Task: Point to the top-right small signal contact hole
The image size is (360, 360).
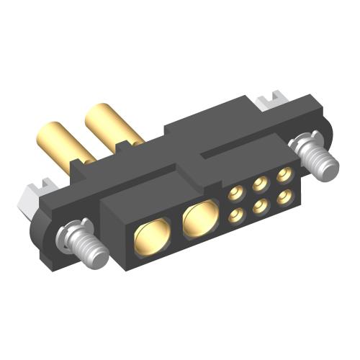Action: pyautogui.click(x=285, y=173)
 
